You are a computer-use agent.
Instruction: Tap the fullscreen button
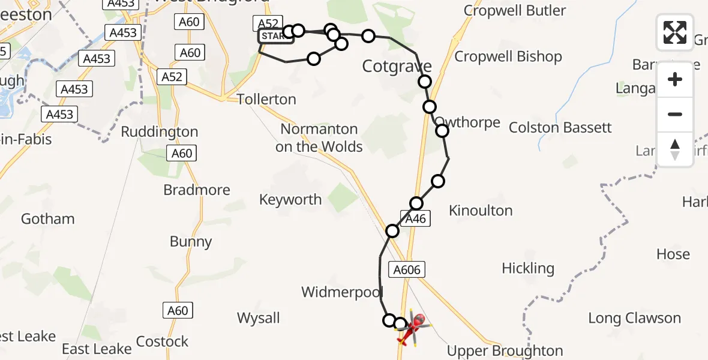pos(675,32)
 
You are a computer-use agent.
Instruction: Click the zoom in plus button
pos(675,79)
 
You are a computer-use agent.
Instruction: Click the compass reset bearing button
pos(675,149)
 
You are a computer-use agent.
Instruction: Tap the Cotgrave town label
pos(397,66)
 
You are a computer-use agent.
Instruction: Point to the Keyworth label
pos(290,200)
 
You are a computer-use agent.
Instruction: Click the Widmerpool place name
pos(341,292)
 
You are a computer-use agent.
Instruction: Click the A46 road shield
pos(415,219)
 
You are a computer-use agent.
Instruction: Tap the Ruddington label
pos(160,132)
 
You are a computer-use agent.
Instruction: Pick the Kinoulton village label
pos(481,211)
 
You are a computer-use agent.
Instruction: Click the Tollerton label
pos(266,99)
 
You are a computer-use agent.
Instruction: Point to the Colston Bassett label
pos(560,128)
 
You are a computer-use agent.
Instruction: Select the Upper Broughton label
pos(505,351)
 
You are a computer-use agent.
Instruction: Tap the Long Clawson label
pos(634,318)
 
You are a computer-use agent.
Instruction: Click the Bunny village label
pos(191,242)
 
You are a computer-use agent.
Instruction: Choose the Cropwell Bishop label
pos(508,57)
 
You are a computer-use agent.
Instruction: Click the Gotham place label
pos(48,219)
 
